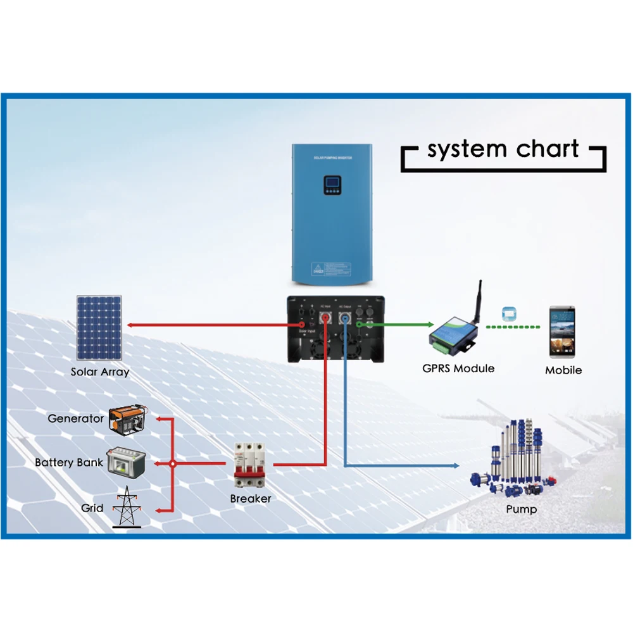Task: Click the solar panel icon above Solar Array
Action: pos(100,327)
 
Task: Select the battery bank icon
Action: pos(126,462)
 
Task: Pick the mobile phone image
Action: pos(563,330)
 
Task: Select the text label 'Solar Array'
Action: pos(100,372)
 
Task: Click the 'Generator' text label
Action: pos(75,418)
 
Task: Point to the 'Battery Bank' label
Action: pos(69,463)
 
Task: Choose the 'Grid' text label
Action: pos(92,508)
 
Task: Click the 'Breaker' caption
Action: pos(251,499)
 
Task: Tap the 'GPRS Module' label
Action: pos(458,368)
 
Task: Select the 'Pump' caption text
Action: pos(522,509)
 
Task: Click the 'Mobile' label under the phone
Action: pos(563,370)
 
